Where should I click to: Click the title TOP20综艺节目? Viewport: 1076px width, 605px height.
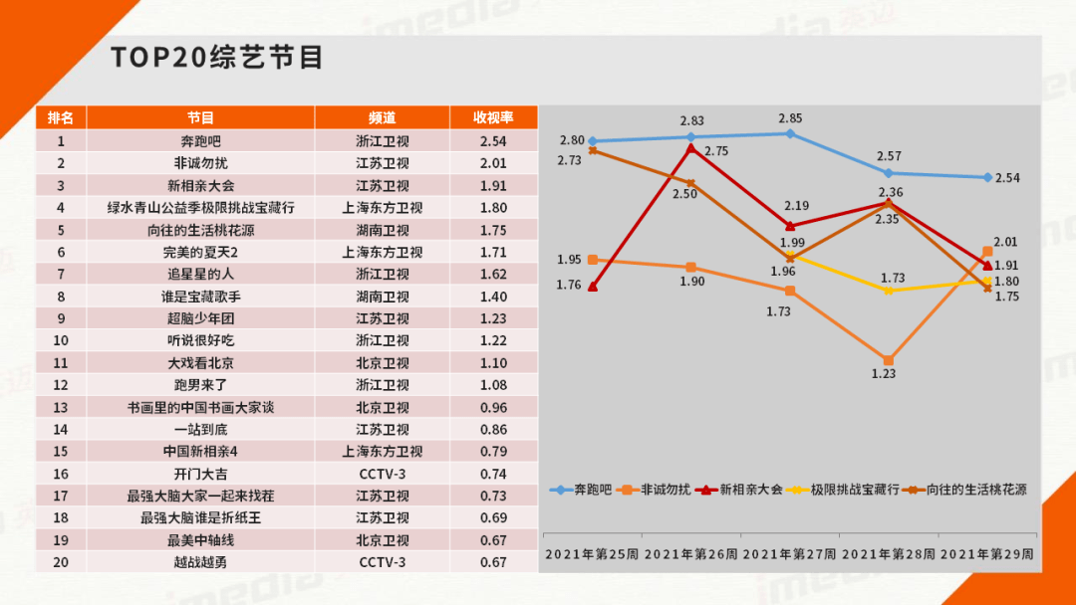217,58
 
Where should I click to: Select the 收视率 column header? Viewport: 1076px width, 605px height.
493,117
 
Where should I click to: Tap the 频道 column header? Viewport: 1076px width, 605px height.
383,117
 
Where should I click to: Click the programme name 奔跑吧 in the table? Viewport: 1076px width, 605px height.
200,141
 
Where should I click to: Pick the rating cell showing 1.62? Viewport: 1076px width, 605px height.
493,274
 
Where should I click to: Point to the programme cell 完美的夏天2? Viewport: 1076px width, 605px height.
200,252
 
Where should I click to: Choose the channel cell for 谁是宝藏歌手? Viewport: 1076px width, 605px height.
383,297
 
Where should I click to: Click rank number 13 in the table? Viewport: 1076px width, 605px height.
61,408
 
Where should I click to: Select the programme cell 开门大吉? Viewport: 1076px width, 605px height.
200,474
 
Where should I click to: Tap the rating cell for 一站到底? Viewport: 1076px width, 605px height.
493,430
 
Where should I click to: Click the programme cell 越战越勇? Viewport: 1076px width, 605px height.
200,562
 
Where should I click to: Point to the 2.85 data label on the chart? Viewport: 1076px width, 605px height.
790,118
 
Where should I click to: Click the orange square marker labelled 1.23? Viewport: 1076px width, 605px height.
889,360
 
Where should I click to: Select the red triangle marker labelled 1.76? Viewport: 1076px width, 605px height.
593,288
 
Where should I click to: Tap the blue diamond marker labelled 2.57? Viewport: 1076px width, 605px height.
889,173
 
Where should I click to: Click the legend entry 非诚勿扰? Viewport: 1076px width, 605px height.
655,490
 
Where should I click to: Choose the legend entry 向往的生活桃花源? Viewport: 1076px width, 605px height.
964,490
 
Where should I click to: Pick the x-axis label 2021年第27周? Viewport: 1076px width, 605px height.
790,554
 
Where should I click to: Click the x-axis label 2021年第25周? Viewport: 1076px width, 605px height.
592,554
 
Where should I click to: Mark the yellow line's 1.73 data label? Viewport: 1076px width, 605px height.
893,279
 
